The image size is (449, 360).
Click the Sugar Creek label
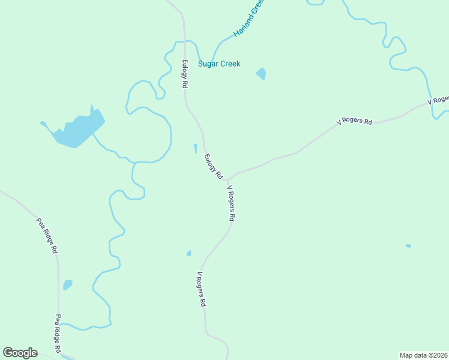click(219, 64)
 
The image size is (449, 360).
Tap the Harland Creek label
click(249, 19)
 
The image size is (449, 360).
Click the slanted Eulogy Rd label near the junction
click(213, 167)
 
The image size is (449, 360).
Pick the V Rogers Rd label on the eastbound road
click(354, 122)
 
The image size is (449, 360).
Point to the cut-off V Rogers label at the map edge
click(438, 101)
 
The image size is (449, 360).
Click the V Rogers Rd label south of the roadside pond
click(201, 290)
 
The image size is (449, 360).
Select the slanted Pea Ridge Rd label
click(47, 235)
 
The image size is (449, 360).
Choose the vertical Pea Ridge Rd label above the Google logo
click(58, 334)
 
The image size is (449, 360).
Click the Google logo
click(20, 353)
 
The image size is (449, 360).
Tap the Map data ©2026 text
click(423, 355)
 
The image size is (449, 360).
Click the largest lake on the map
click(76, 131)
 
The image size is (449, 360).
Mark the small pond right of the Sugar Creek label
click(261, 74)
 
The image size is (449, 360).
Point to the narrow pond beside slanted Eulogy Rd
click(195, 148)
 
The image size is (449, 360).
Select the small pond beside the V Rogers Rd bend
click(189, 254)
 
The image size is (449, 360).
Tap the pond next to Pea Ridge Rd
click(68, 284)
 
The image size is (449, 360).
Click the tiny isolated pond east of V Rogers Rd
click(408, 245)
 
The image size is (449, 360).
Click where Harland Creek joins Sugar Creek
click(209, 64)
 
